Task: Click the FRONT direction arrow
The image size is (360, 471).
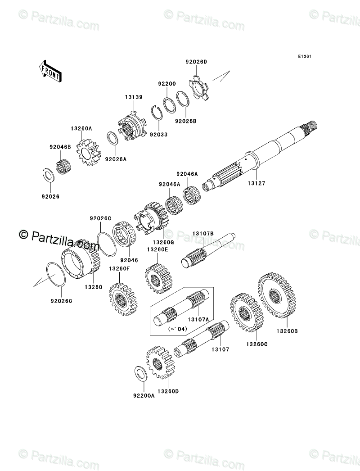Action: (x=50, y=71)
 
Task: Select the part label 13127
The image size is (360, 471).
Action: (x=256, y=183)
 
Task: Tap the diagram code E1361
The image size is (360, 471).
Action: (x=305, y=56)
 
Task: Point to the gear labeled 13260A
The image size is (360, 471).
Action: (x=89, y=152)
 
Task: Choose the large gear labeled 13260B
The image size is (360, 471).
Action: (x=277, y=295)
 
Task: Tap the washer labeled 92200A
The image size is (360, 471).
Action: (x=140, y=374)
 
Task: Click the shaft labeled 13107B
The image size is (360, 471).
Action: (x=208, y=250)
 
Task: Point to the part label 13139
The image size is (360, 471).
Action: (x=134, y=97)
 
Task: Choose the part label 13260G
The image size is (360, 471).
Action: (x=163, y=242)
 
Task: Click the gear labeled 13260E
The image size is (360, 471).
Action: (x=158, y=278)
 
